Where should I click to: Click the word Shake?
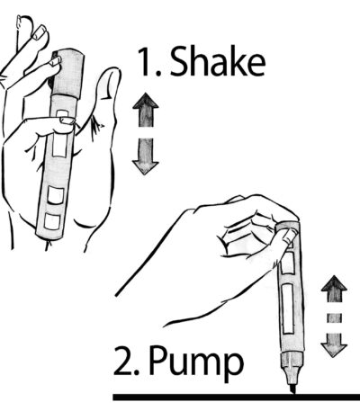218,61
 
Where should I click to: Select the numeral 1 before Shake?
146,61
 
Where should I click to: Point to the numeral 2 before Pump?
123,361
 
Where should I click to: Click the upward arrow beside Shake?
146,110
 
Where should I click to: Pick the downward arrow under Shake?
146,156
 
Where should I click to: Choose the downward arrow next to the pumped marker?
334,344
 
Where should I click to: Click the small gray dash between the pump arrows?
334,317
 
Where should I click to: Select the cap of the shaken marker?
67,74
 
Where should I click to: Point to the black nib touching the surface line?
293,389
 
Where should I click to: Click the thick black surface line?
237,398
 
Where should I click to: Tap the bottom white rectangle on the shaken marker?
52,222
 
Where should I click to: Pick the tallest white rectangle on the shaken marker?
59,145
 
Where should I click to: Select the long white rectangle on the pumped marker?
288,308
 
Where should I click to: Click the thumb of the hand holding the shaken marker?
105,99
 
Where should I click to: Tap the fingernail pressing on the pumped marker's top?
291,237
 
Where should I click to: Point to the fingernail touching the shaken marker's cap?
56,61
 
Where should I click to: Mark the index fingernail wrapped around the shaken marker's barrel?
67,121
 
